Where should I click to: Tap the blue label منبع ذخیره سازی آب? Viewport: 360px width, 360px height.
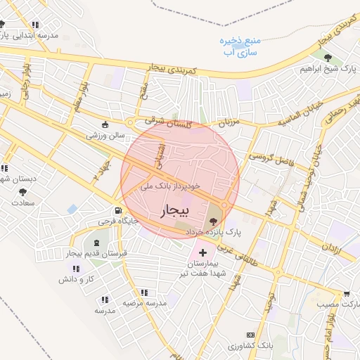(x=240, y=46)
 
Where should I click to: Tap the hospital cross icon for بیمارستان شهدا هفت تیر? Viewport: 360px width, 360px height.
(x=203, y=252)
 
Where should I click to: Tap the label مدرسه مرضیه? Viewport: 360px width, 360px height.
(x=145, y=303)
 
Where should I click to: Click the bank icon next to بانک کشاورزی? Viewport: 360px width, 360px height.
(x=248, y=335)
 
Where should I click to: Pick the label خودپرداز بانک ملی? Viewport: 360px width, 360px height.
(x=171, y=186)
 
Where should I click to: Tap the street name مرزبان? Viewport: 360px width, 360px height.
(x=229, y=124)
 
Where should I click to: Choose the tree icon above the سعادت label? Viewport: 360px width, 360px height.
(x=23, y=191)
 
